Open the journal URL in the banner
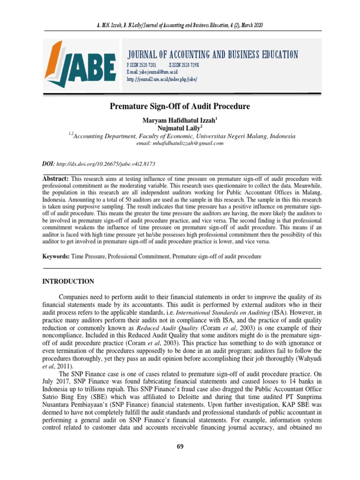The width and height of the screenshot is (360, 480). (162, 79)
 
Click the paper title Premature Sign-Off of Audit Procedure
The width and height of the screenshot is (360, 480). (180, 106)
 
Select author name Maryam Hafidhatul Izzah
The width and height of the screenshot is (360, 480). (179, 120)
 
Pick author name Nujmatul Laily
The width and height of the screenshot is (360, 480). (179, 128)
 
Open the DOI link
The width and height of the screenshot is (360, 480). (105, 165)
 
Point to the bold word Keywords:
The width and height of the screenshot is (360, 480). (57, 257)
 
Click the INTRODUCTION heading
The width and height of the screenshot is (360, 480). (68, 282)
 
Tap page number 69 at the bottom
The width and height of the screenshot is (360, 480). (180, 446)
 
